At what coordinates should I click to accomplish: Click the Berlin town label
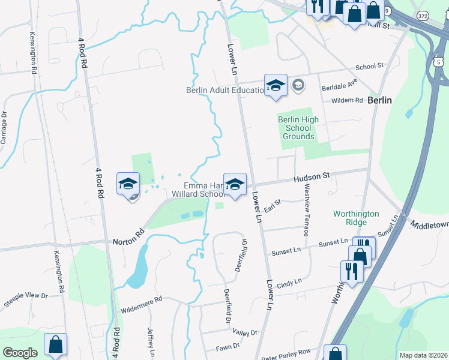[379, 100]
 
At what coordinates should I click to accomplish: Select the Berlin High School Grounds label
[298, 128]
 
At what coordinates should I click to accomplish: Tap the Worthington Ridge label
[357, 218]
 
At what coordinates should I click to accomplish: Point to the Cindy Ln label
[289, 281]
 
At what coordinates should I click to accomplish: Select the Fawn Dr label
[228, 346]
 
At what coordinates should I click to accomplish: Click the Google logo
[20, 352]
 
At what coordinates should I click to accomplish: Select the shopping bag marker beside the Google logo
[55, 344]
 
